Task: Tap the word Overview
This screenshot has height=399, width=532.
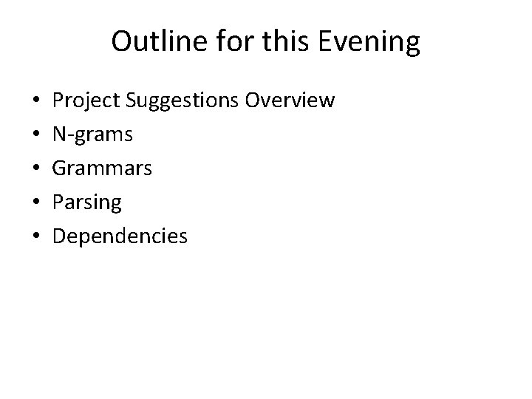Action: [x=290, y=100]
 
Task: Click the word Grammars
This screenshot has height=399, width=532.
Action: [x=103, y=168]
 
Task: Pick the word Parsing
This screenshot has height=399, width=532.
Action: [x=88, y=202]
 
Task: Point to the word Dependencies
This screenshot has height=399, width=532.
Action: [x=120, y=236]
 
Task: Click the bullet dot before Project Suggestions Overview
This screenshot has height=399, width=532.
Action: [x=35, y=100]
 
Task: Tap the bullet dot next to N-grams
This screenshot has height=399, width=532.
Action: [x=35, y=134]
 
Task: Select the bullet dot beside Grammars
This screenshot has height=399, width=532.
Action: [x=35, y=168]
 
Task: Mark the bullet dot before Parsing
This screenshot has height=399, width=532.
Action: [x=35, y=202]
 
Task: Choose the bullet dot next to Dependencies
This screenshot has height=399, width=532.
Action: [x=35, y=236]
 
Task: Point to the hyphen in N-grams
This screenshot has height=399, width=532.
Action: [x=72, y=135]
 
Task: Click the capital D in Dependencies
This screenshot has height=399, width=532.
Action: [x=61, y=236]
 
